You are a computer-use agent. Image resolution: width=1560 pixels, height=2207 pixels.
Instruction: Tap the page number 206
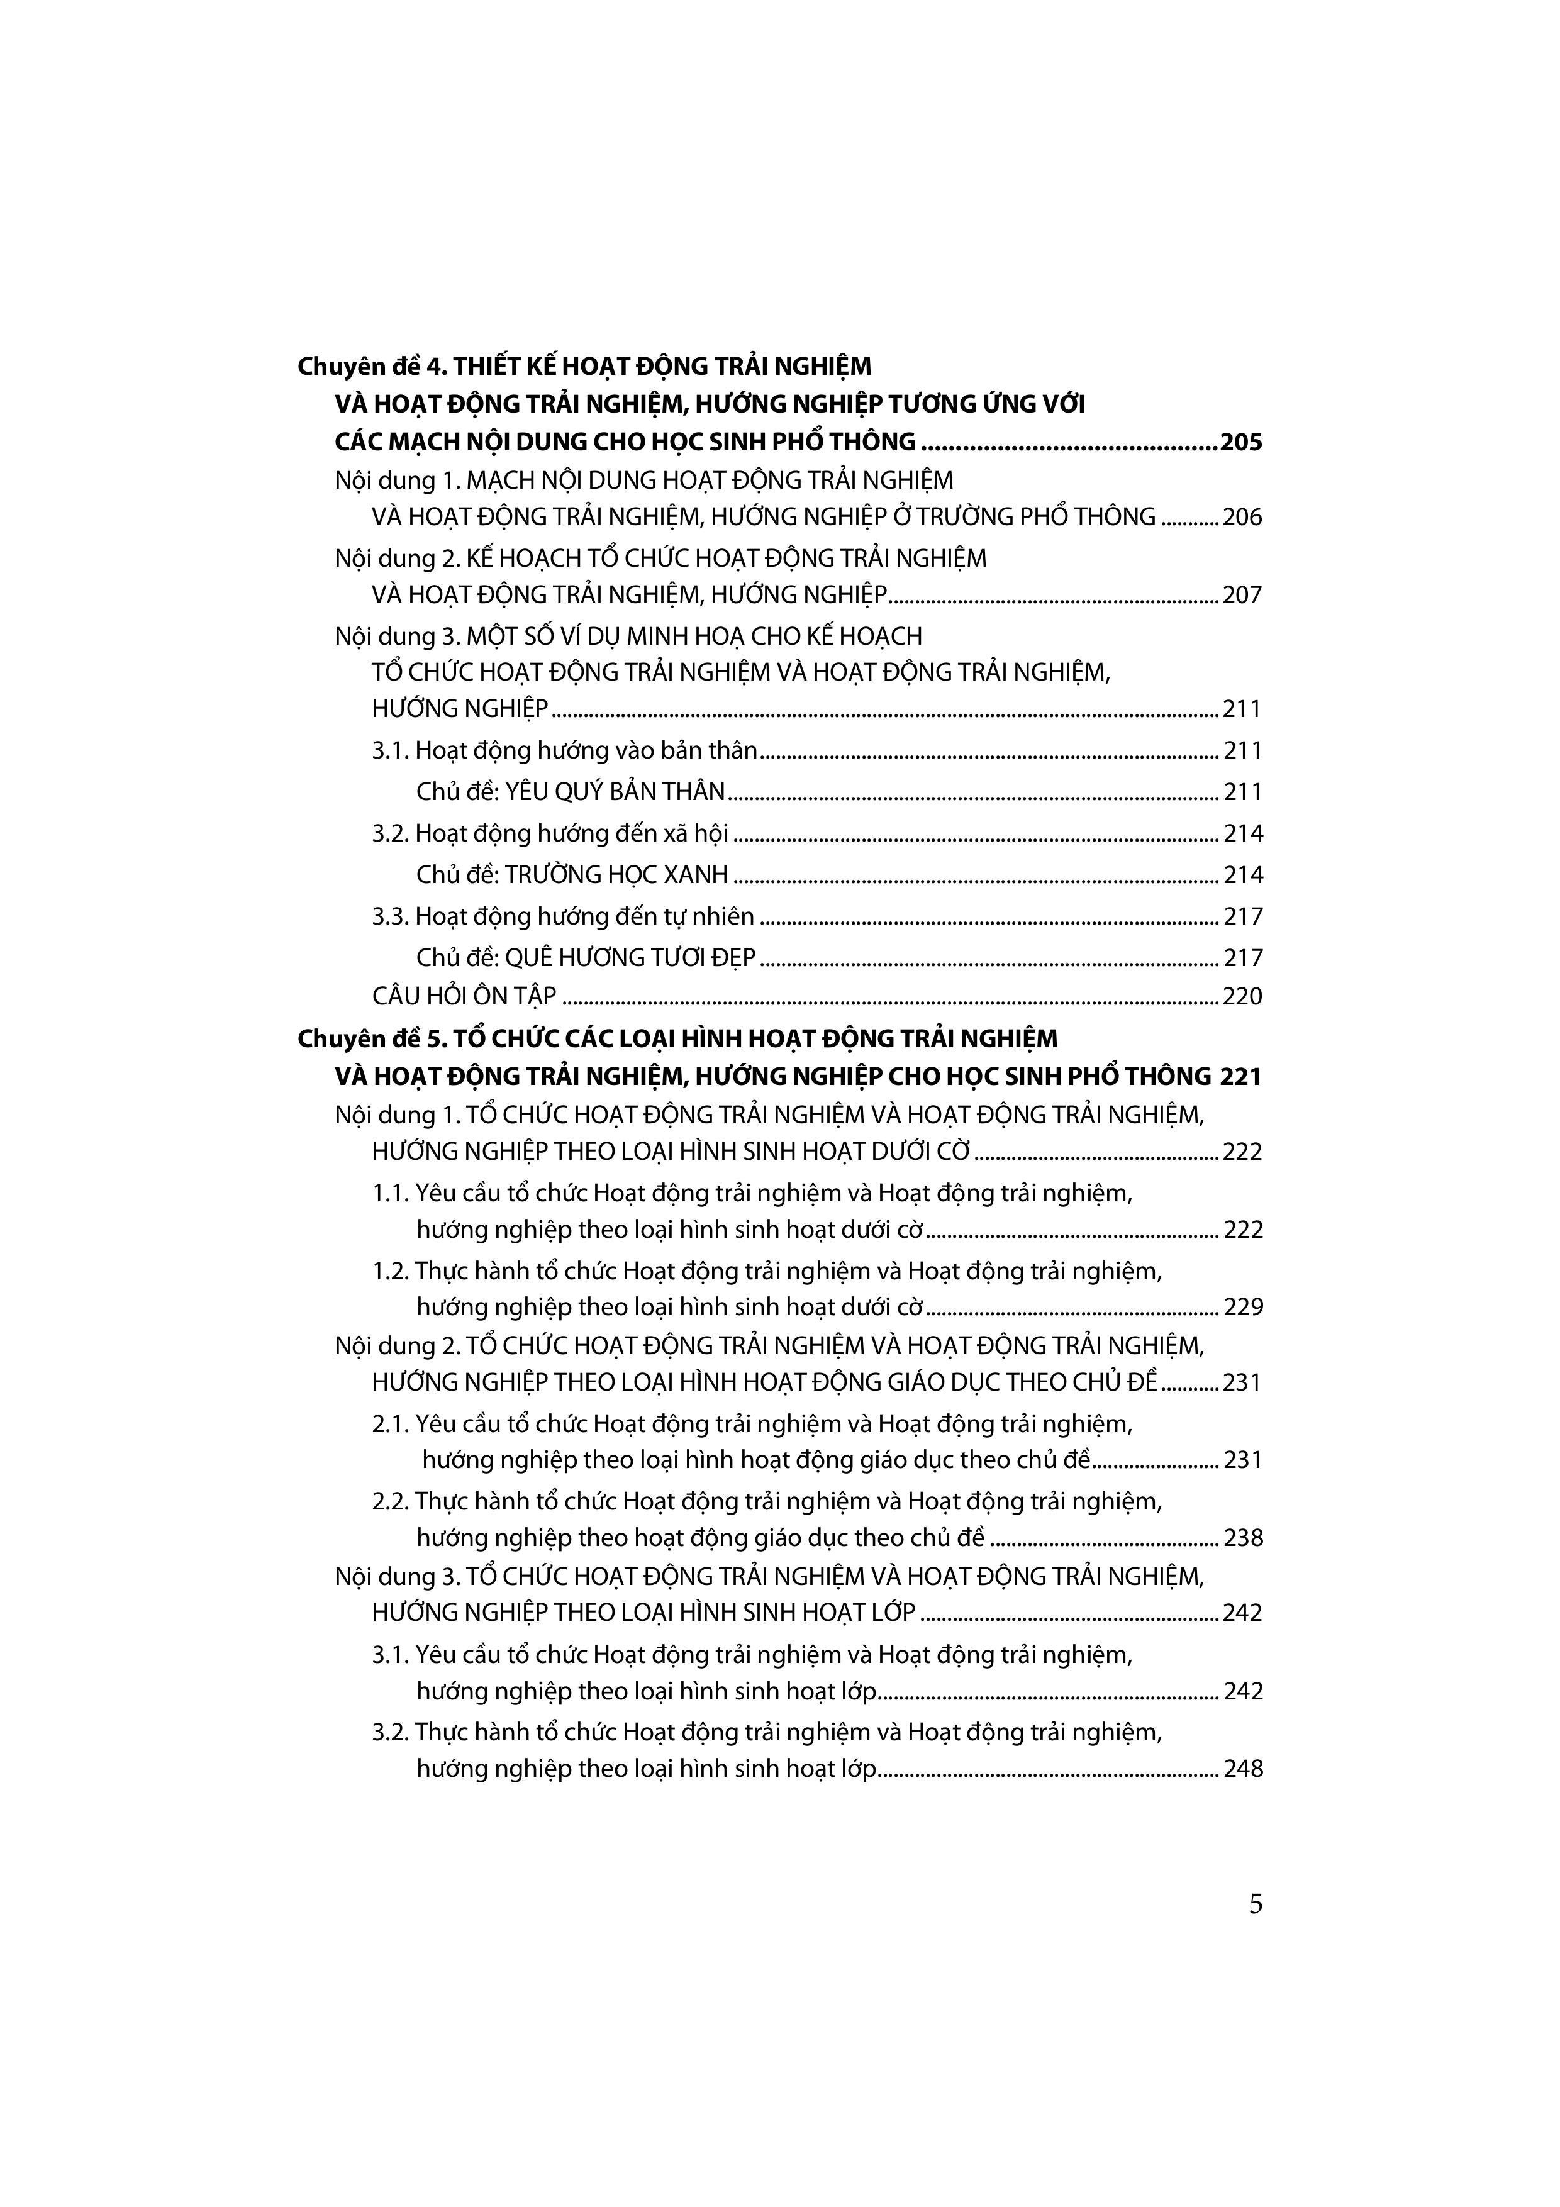pos(1242,517)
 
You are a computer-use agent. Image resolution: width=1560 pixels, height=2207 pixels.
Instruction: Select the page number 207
pos(1242,595)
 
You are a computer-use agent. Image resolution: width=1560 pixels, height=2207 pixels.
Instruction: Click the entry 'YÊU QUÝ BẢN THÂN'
pos(615,792)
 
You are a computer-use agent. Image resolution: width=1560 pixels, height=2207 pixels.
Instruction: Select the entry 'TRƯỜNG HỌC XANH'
pos(616,875)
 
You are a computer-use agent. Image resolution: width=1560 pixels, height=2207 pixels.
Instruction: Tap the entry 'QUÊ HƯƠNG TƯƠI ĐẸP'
pos(630,957)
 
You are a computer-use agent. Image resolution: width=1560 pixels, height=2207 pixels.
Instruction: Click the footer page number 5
pos(1256,1905)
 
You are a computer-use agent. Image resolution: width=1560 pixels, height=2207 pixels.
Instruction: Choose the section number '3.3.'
pos(391,916)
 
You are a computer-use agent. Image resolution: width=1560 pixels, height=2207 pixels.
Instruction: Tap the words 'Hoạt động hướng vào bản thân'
pos(586,751)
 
